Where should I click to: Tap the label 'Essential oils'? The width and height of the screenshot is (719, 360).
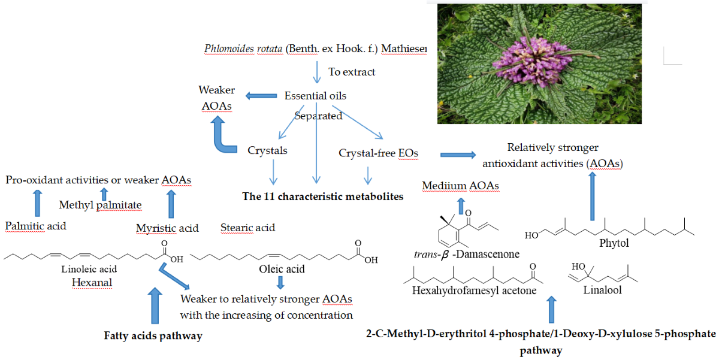315,96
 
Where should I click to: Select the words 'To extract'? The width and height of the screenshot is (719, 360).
352,72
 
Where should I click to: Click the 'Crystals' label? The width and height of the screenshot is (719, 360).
267,150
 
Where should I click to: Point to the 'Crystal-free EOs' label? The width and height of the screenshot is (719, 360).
378,153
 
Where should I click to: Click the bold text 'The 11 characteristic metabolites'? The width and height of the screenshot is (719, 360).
323,196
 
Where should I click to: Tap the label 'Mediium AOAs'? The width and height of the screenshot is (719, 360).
460,186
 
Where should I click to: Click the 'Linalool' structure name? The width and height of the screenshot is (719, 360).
602,290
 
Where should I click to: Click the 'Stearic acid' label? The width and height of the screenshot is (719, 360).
248,228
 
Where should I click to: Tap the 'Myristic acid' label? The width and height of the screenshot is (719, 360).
167,228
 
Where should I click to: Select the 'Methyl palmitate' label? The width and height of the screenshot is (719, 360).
100,205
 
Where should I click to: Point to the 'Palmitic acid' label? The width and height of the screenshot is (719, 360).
35,226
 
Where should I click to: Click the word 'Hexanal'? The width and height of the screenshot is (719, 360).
91,282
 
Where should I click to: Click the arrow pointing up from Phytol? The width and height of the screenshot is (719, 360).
592,198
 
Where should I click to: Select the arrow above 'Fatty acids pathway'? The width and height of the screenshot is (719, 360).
154,305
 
